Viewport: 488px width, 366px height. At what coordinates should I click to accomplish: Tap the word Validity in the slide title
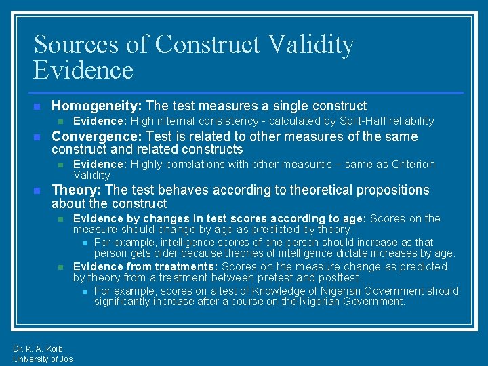coord(310,45)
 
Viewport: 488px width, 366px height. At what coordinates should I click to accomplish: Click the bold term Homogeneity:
coord(96,106)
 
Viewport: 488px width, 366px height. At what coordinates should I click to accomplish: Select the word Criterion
coord(412,164)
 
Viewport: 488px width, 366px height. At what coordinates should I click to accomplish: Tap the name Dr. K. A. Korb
coord(38,349)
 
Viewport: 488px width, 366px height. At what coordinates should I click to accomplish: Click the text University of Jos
coord(43,359)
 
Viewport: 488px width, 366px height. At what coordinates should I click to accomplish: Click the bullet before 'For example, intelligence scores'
coord(84,243)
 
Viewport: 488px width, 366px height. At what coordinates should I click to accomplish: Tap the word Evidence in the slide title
coord(83,70)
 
